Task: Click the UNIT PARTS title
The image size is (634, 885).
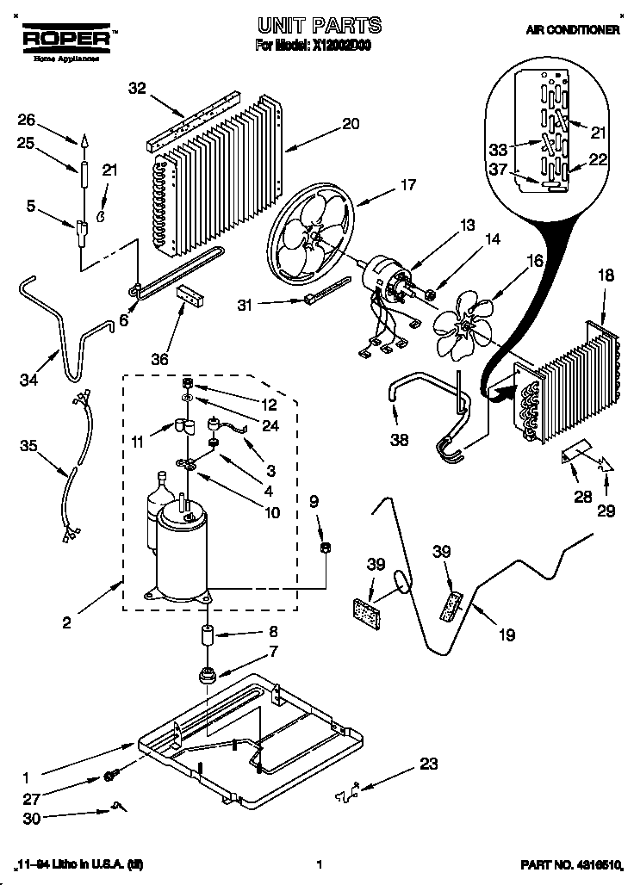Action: click(x=319, y=25)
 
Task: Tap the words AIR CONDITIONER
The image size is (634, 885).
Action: click(x=573, y=29)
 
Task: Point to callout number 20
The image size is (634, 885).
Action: click(x=351, y=123)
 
